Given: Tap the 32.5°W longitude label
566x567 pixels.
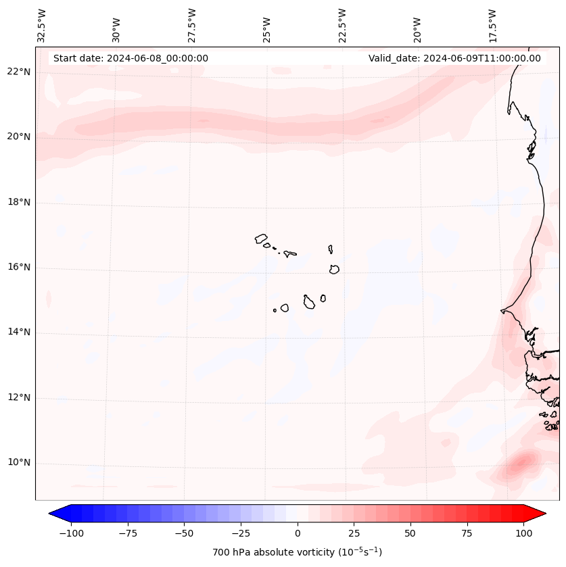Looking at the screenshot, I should pos(42,25).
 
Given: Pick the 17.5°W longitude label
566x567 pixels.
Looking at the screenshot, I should pos(492,25).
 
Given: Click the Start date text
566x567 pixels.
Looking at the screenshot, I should pos(131,58).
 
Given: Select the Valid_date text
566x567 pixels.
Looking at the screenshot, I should pos(454,58).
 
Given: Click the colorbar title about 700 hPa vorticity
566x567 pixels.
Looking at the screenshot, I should pos(297,552).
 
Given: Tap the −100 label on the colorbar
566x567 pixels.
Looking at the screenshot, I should pos(71,533).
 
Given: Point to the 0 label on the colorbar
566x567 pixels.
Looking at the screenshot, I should pos(298,533).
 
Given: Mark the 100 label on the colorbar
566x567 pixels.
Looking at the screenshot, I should pos(523,533).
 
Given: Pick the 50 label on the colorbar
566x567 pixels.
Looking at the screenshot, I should pos(410,533).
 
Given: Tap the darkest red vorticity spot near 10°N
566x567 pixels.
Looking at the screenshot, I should pos(521,463).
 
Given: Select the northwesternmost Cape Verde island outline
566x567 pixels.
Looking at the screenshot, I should pos(261,239).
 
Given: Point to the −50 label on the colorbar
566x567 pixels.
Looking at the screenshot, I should pos(184,533).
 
